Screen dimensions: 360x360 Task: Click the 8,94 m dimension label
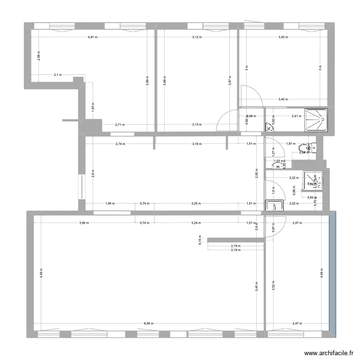click(149, 324)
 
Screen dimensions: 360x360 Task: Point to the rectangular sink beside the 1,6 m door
click(274, 205)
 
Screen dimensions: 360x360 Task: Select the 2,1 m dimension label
click(58, 75)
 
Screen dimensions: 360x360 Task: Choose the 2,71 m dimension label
click(120, 125)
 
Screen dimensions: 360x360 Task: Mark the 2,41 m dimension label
click(297, 116)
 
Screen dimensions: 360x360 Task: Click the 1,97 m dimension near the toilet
click(289, 144)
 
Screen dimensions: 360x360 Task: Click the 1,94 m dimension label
click(109, 203)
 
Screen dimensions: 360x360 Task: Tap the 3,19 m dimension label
click(197, 144)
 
